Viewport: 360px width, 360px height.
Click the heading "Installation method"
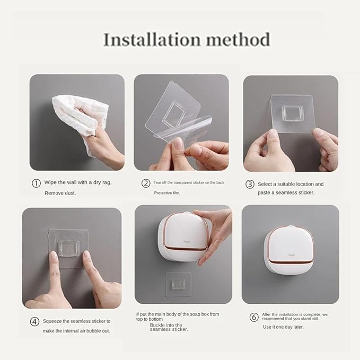tap(186, 40)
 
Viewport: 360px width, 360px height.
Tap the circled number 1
tap(36, 183)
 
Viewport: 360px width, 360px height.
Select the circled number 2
tap(146, 183)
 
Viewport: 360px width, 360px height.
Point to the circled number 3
tap(250, 184)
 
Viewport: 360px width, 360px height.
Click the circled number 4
tap(34, 321)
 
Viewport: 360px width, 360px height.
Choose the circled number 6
tap(254, 317)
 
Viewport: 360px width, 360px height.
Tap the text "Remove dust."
tap(61, 193)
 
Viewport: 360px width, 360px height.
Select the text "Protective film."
tap(167, 193)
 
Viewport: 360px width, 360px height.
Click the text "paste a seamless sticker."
tap(286, 192)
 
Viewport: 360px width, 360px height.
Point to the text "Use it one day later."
tap(284, 327)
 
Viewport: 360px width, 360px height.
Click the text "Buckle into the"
tap(166, 325)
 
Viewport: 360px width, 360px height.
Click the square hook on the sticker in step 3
tap(293, 112)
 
